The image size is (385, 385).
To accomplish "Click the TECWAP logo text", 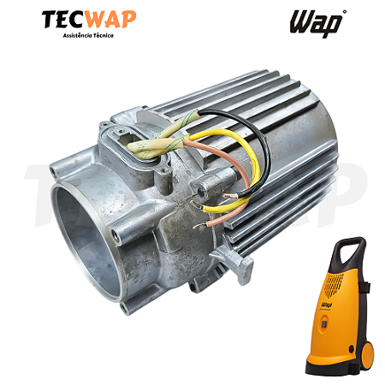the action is tap(89, 20).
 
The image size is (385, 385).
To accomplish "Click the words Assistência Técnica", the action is tap(88, 35).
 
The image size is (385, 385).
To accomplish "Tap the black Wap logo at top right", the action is tap(316, 23).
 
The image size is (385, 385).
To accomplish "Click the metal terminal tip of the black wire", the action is tap(230, 196).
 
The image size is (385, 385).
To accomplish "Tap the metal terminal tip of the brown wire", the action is tap(199, 226).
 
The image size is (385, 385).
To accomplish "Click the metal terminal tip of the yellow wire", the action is tap(196, 205).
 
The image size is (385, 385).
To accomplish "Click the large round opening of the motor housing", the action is tap(86, 242).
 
